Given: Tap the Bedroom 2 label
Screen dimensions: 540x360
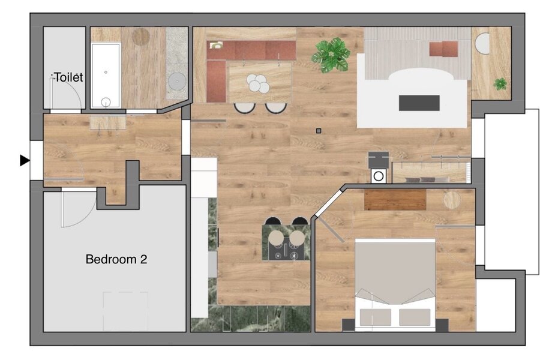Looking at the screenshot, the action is pyautogui.click(x=116, y=259).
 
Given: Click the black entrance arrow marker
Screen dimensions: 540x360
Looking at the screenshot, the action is pyautogui.click(x=25, y=161).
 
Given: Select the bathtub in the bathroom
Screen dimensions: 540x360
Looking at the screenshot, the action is pyautogui.click(x=106, y=76).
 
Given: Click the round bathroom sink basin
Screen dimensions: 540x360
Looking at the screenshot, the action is pyautogui.click(x=178, y=82).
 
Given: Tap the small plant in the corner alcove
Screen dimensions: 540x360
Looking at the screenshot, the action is pyautogui.click(x=500, y=84).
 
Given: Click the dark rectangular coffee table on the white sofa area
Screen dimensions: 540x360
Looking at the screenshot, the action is pyautogui.click(x=419, y=103).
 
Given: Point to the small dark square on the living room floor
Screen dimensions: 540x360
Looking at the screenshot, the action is pyautogui.click(x=319, y=131).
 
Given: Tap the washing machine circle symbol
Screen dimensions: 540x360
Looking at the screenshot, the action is pyautogui.click(x=379, y=176).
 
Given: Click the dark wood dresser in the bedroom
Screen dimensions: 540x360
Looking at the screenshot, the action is pyautogui.click(x=395, y=199).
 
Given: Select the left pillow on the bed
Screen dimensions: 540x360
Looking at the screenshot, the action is pyautogui.click(x=376, y=317).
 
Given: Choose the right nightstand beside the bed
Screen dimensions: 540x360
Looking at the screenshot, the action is pyautogui.click(x=442, y=325).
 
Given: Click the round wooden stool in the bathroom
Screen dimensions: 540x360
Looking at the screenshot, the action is pyautogui.click(x=141, y=37).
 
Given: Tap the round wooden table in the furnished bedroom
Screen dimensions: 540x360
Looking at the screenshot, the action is pyautogui.click(x=452, y=200).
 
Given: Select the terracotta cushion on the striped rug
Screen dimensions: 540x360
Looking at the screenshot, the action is pyautogui.click(x=443, y=49).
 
